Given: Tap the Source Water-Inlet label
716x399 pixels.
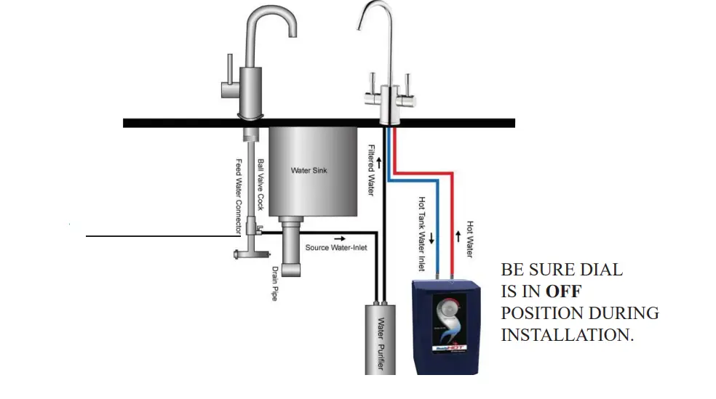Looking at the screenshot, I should point(335,248).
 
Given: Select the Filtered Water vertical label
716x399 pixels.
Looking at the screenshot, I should point(370,169).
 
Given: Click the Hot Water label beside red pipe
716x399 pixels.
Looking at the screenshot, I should point(470,239).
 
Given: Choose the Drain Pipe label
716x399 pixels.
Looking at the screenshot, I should point(275,283).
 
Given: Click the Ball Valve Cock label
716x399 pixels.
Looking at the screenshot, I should point(260,185).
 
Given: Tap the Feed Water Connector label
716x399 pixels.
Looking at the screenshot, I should point(238,196).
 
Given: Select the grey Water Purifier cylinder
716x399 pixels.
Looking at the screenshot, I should point(380,337).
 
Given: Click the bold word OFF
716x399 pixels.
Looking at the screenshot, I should point(564,291).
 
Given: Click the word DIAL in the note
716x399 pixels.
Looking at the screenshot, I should point(600,270).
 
